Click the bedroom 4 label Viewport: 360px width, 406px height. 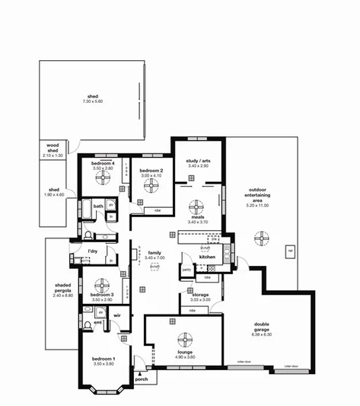(x=103, y=163)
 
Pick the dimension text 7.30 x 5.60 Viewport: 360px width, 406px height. (x=94, y=101)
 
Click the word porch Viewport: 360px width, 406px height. (x=141, y=379)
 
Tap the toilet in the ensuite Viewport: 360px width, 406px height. (x=88, y=328)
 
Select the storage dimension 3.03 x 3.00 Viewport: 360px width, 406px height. (x=200, y=299)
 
